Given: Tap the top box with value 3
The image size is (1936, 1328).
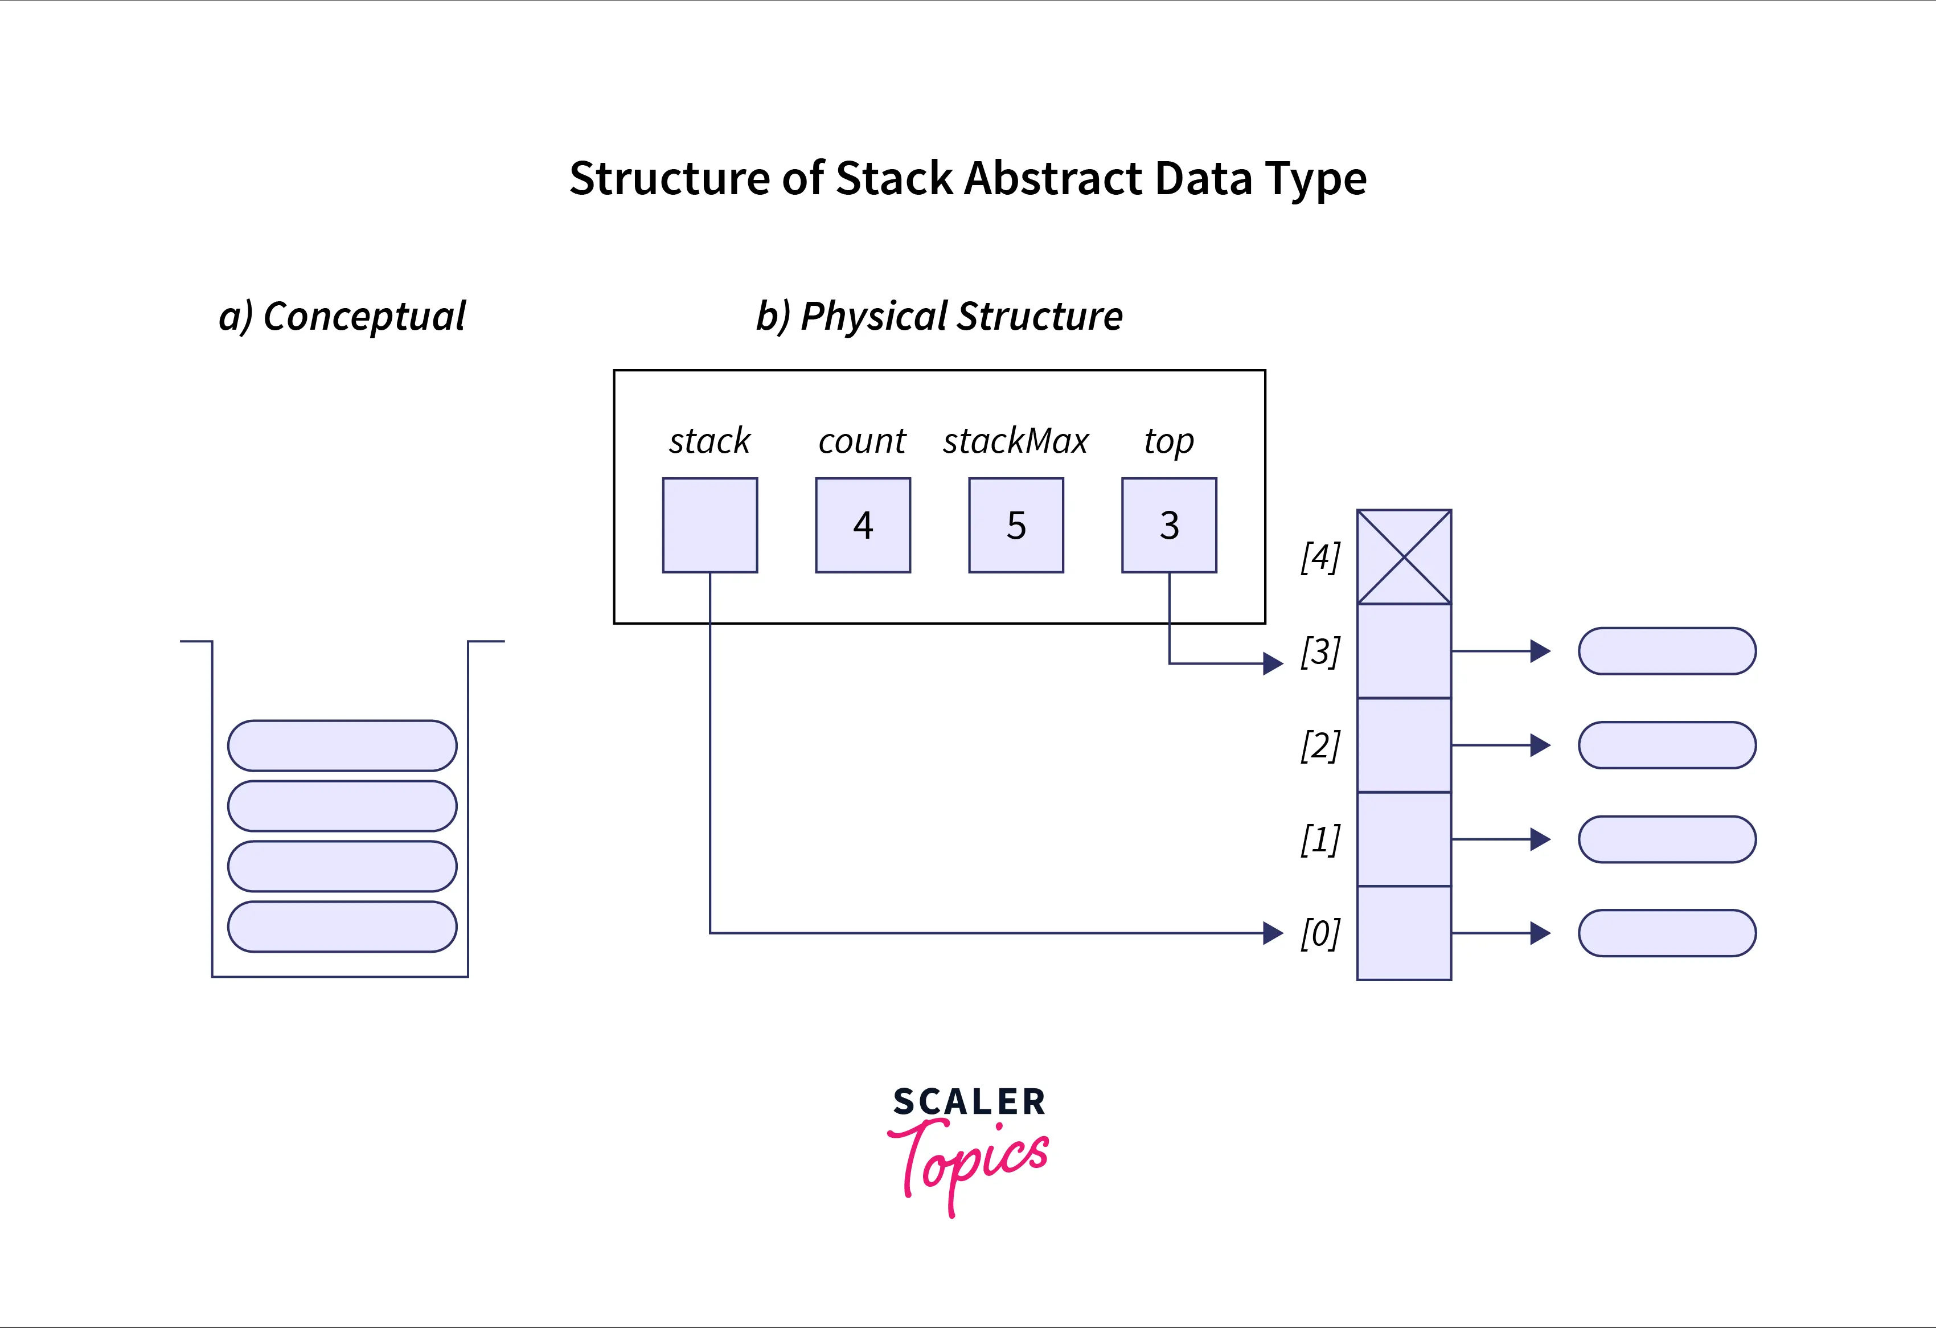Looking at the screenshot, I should [1169, 525].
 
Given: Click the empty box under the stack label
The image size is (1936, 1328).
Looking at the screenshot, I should [709, 525].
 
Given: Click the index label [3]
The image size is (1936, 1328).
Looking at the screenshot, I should [1320, 651].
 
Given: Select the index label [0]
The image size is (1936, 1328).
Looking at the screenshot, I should [1320, 933].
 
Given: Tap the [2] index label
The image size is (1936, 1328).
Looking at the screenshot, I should [1320, 745].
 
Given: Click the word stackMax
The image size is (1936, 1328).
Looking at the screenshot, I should [1015, 441].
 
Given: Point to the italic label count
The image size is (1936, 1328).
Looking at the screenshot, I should [862, 441].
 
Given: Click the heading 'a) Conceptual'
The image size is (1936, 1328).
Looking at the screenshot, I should [342, 317].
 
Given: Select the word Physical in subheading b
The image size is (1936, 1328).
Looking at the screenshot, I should [874, 317].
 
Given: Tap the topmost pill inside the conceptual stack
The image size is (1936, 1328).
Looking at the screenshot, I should [342, 745].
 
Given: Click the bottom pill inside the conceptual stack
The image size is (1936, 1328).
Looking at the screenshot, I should [342, 927].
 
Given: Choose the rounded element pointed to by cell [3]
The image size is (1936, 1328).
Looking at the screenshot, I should [1667, 651].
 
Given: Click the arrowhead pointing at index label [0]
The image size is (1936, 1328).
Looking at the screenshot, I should [1272, 933].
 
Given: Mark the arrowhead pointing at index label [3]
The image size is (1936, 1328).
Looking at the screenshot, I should [1272, 663].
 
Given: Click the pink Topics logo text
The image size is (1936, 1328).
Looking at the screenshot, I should [970, 1162].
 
